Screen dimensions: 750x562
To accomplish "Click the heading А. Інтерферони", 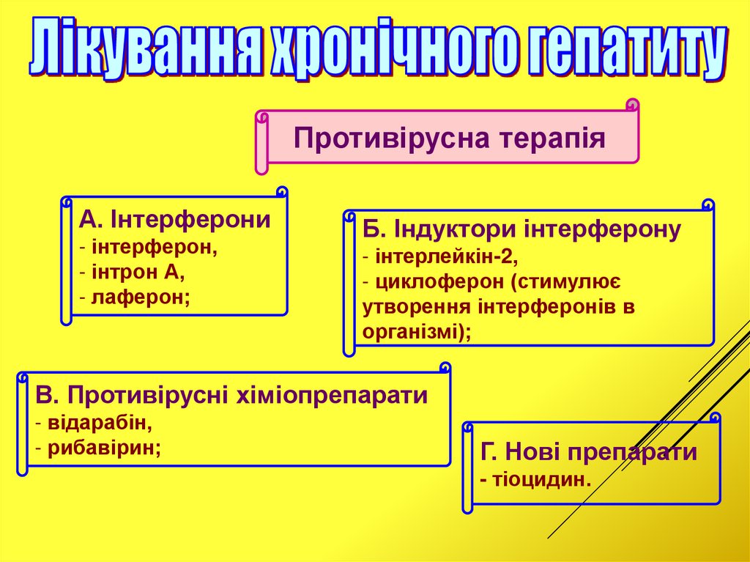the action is [175, 220].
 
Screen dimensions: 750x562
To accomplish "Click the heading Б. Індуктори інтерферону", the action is [521, 230].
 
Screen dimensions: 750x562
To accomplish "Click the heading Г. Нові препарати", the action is [589, 453].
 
